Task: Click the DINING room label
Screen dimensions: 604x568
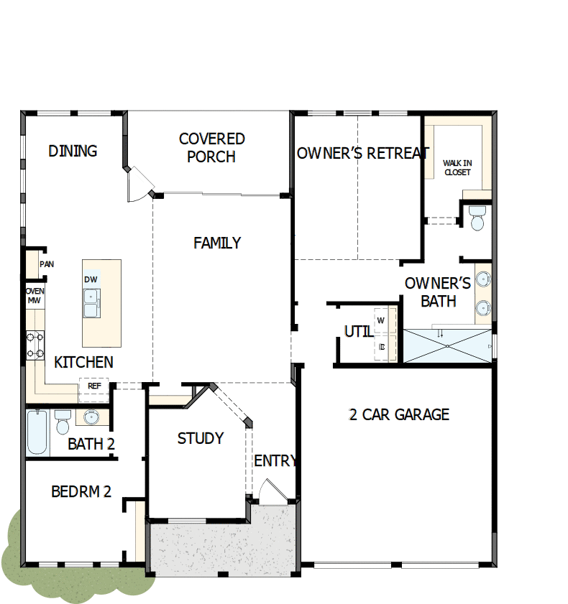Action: point(73,151)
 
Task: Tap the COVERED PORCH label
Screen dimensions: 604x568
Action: point(211,147)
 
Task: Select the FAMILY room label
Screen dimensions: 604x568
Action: point(217,243)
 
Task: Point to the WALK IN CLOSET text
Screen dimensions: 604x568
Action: point(457,168)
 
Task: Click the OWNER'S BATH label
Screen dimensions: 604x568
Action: point(438,292)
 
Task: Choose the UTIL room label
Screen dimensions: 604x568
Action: point(358,332)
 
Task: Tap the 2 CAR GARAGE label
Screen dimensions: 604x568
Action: point(399,414)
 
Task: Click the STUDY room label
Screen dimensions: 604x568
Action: point(200,438)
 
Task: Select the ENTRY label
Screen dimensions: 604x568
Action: point(275,461)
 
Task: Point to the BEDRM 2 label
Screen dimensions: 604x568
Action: point(81,492)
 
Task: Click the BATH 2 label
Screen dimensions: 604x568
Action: point(91,445)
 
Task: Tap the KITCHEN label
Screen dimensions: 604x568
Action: point(83,362)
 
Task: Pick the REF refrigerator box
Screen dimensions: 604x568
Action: point(94,386)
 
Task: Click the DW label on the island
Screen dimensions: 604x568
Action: point(91,279)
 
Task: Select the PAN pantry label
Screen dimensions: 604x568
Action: point(47,264)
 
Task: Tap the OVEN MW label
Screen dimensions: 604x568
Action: point(35,295)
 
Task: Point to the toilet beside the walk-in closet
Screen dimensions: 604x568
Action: point(477,218)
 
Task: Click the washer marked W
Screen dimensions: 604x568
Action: point(381,320)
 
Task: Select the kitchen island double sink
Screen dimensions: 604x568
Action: point(91,303)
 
